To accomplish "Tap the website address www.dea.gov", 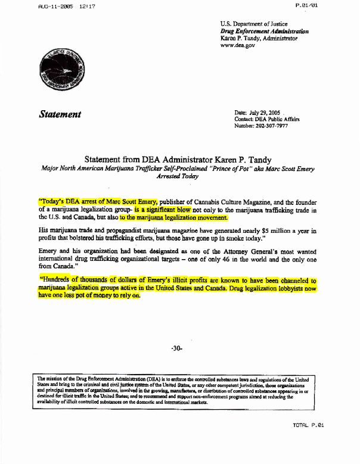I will click(x=238, y=45).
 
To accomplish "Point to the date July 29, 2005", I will click(x=266, y=113).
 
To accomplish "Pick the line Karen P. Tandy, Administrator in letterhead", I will click(x=259, y=38).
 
